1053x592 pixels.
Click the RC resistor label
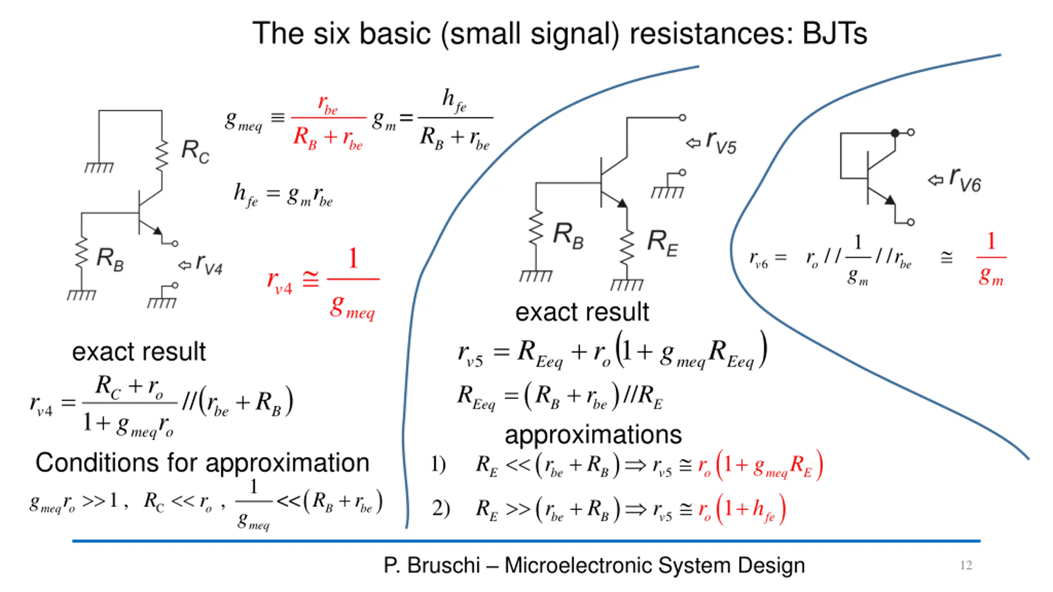(x=195, y=152)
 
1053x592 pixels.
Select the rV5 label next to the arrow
(x=721, y=143)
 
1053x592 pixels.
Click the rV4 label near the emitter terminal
(x=209, y=264)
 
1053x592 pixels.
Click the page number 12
(x=966, y=565)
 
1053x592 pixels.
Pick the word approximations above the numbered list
(x=593, y=435)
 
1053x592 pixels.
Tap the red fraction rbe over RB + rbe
(x=328, y=122)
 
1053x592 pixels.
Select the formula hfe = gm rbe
(x=283, y=195)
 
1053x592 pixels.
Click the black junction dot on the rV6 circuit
(x=895, y=133)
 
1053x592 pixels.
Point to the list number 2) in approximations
(x=441, y=509)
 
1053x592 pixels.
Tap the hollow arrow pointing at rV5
(x=693, y=143)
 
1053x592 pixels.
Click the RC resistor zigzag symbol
(x=162, y=155)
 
